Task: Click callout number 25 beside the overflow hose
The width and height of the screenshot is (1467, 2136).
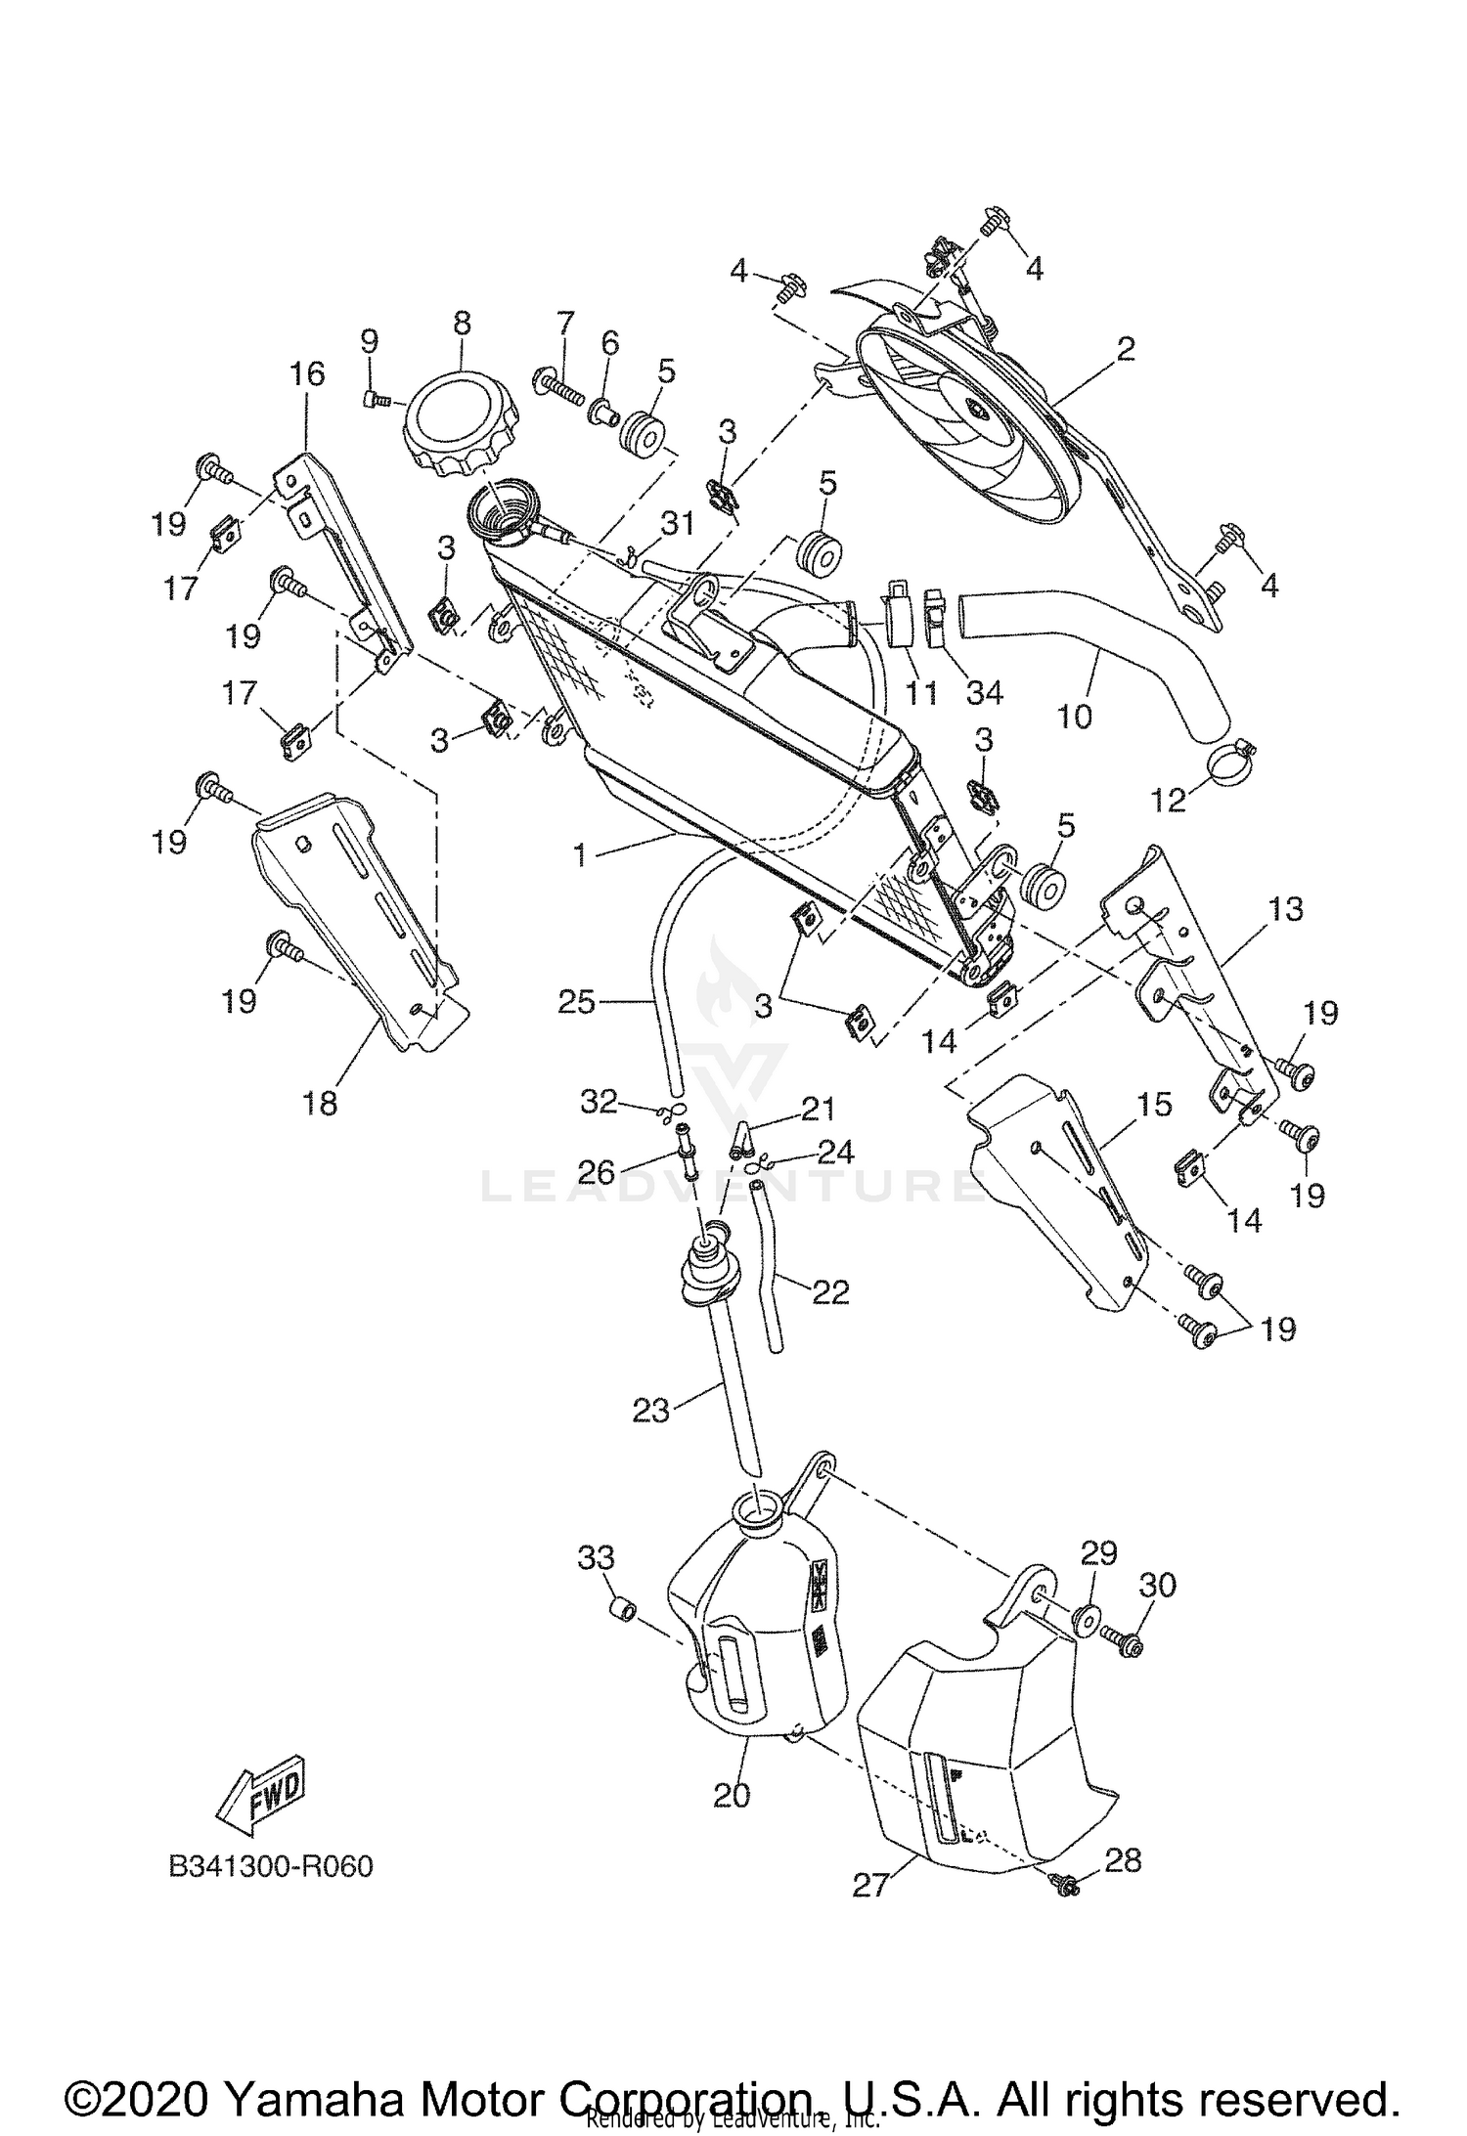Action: pyautogui.click(x=576, y=1002)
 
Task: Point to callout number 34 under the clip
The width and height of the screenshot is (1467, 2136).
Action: pyautogui.click(x=985, y=692)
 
